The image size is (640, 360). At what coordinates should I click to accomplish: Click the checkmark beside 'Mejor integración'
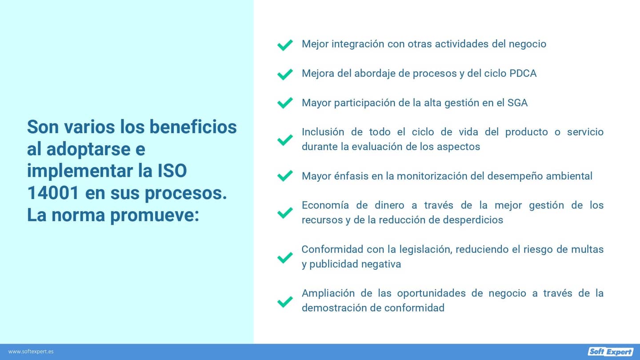[284, 45]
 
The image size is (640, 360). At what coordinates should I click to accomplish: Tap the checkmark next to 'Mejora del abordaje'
[284, 74]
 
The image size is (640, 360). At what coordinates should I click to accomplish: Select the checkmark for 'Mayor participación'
[284, 103]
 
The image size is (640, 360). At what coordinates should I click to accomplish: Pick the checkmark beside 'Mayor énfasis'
[284, 176]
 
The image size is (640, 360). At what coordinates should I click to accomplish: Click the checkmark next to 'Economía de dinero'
[284, 213]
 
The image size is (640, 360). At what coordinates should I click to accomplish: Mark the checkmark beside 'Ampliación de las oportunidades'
[284, 302]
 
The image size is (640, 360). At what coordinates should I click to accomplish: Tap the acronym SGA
[517, 103]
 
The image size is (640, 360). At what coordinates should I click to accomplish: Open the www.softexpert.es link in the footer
[31, 352]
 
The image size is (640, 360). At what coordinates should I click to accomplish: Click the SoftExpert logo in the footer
[610, 352]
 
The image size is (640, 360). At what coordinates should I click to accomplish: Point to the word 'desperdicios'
[473, 220]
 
